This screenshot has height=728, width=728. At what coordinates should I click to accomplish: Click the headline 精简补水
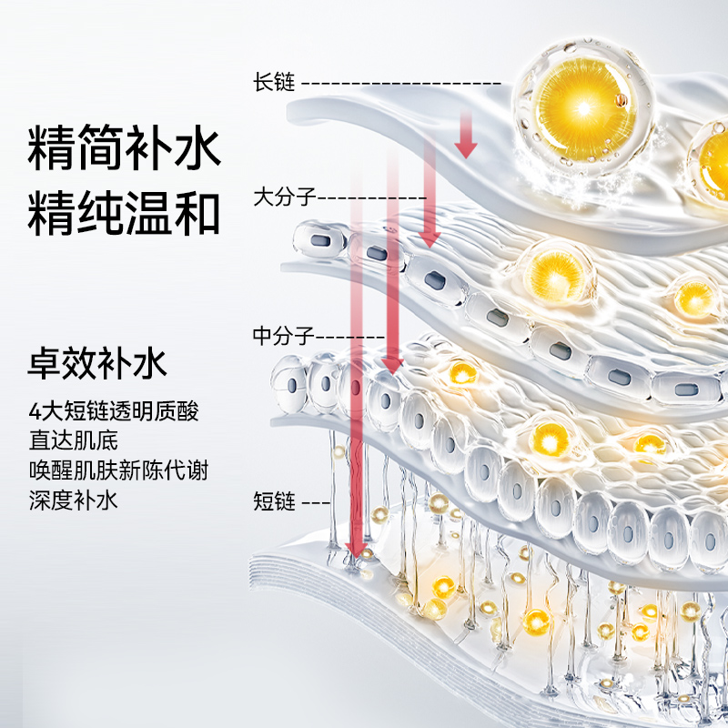pos(125,151)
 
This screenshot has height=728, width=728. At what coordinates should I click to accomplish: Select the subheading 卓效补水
pos(97,365)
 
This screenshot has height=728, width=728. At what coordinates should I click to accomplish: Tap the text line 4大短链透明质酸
pos(113,412)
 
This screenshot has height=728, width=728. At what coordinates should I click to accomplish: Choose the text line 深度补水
pos(73,500)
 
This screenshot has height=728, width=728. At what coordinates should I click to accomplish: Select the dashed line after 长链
pos(400,83)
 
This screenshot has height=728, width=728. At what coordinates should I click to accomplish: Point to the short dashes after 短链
pos(316,501)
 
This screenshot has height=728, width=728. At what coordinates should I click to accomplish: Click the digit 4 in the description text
pos(33,412)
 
